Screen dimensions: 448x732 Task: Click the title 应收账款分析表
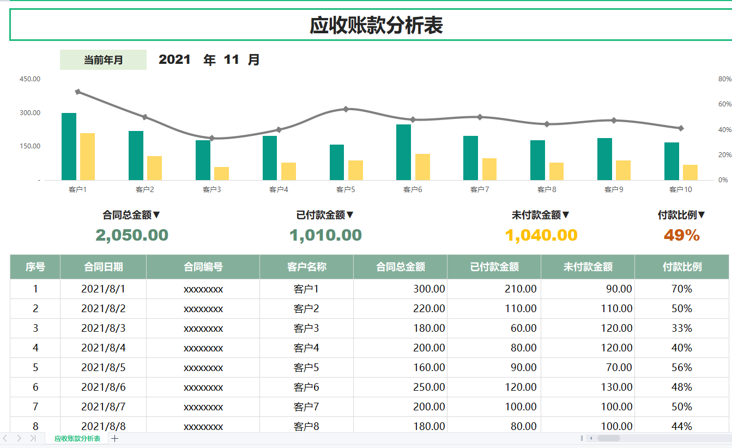coord(376,26)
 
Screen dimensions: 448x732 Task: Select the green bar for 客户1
coord(69,146)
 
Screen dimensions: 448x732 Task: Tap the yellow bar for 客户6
coord(422,167)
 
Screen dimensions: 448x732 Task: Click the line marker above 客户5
coord(346,109)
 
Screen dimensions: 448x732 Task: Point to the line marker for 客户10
coord(681,128)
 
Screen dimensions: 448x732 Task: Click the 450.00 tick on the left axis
coord(30,79)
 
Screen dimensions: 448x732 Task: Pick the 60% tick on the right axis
coord(724,104)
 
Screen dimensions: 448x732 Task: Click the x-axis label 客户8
coord(547,189)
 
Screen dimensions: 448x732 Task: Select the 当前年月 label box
coord(103,60)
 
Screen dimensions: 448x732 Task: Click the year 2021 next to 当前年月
coord(174,60)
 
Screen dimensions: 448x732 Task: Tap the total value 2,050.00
coord(132,235)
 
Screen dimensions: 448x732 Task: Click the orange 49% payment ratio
coord(681,235)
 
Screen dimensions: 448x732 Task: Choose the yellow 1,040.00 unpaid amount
coord(541,235)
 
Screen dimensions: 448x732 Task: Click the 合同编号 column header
coord(203,267)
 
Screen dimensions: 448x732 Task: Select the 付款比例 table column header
coord(682,267)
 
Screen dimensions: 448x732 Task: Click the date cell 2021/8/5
coord(103,367)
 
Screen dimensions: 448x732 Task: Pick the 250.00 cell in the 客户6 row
coord(429,387)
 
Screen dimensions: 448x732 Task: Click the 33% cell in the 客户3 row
coord(682,328)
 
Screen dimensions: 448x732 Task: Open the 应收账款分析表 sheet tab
coord(77,439)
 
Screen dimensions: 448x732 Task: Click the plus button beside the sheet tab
coord(115,439)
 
